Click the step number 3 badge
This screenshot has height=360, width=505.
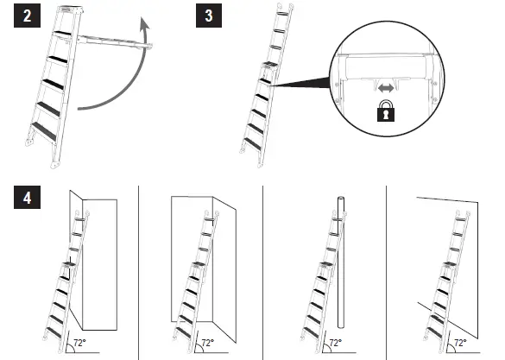[x=207, y=17]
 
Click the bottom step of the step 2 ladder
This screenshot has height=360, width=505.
[x=42, y=130]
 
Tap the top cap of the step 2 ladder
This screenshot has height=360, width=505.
[x=69, y=8]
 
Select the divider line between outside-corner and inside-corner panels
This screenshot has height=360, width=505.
[x=139, y=268]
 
